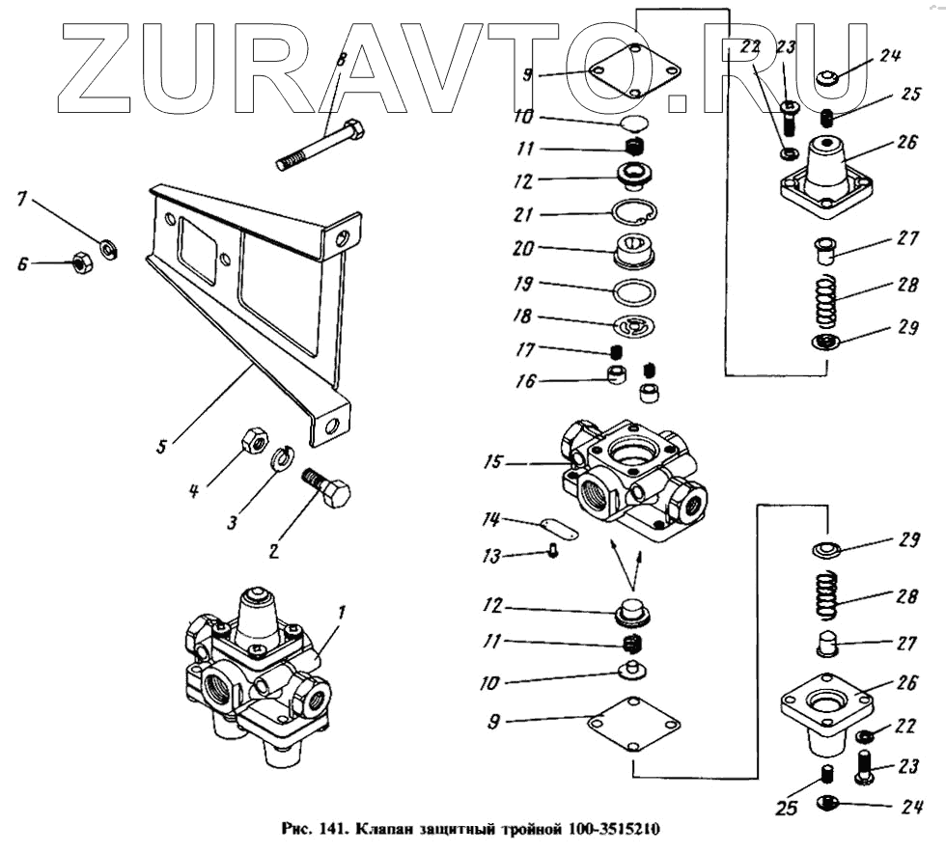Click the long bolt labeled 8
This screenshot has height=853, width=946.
tap(320, 146)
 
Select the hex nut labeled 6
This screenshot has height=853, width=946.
tap(83, 261)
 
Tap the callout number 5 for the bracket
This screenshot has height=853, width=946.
tap(162, 446)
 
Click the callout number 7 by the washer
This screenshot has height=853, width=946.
tap(21, 200)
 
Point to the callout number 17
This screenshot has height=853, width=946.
tap(524, 348)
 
